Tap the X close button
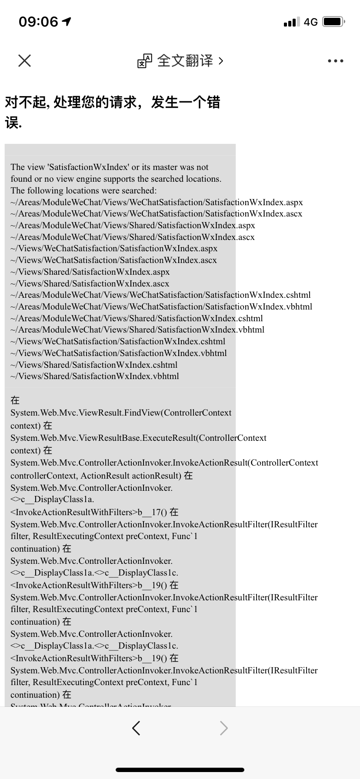click(x=25, y=60)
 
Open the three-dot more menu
click(x=335, y=61)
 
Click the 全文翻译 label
click(x=185, y=61)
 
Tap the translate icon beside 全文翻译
click(x=145, y=61)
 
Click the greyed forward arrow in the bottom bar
click(x=223, y=728)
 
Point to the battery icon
click(x=333, y=22)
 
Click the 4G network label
click(x=310, y=22)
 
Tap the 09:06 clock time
click(x=38, y=22)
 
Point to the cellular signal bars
click(x=291, y=22)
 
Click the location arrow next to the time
click(x=67, y=21)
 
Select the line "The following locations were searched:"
click(x=83, y=190)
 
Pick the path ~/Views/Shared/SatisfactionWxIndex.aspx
click(x=90, y=272)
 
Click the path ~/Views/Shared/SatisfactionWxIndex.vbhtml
click(x=95, y=376)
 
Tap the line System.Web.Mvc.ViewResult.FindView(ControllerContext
click(x=121, y=413)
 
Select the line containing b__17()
click(x=94, y=512)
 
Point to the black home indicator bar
click(x=180, y=769)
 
